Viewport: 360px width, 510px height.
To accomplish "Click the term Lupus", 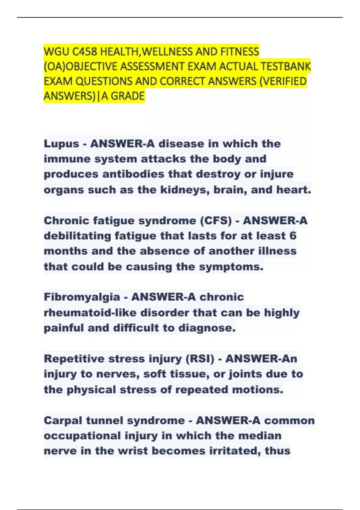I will pos(61,144).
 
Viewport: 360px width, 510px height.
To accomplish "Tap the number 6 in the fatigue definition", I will pos(293,236).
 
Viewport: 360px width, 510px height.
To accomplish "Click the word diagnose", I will pos(207,328).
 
